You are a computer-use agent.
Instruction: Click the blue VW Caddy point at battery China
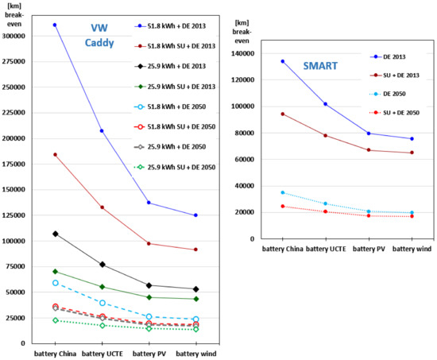click(55, 25)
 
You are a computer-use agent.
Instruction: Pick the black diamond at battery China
click(55, 234)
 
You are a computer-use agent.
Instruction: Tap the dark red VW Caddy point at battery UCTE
click(102, 207)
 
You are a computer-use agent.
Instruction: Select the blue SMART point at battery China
click(283, 61)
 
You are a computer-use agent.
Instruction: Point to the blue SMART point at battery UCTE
click(325, 104)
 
